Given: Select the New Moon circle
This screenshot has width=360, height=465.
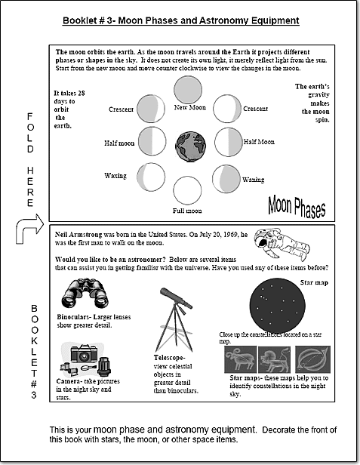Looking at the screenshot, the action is (x=188, y=90).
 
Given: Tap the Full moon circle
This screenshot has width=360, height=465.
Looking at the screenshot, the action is (x=187, y=190).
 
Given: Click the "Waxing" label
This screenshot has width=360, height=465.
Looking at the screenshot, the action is (x=115, y=176).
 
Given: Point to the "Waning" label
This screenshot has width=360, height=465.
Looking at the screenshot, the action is (x=254, y=180).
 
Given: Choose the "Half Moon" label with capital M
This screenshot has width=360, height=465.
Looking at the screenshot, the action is (x=259, y=142).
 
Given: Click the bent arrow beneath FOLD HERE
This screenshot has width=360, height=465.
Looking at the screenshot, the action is (x=29, y=228).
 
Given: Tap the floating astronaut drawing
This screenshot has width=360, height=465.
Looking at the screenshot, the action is (x=282, y=245).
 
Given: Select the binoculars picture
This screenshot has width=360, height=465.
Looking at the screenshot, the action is (x=85, y=294).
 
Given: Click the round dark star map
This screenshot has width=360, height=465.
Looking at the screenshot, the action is (x=277, y=306).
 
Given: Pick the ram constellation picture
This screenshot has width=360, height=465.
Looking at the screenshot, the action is (x=241, y=359).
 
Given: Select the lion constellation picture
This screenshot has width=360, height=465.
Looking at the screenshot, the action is (x=274, y=359).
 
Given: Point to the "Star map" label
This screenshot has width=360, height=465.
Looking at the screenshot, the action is (x=314, y=282).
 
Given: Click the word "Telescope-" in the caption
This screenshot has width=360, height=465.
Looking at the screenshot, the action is (x=169, y=358).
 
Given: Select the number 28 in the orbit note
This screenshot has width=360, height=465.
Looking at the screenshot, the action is (x=81, y=93).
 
